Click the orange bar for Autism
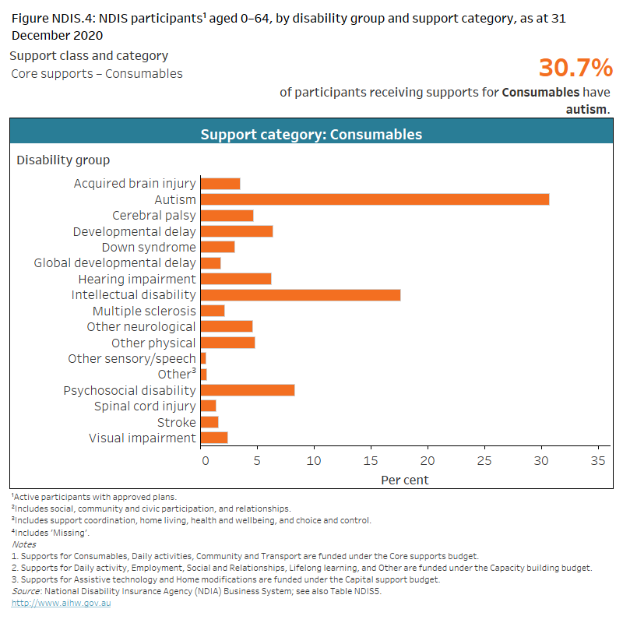375,199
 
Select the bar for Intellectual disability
301,294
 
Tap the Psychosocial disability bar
248,390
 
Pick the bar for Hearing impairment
236,279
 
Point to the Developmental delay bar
237,231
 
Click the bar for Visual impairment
214,438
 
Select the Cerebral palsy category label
154,216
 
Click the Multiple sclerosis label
144,311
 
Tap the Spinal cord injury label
145,407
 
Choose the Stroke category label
177,422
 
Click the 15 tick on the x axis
371,460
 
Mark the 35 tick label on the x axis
598,460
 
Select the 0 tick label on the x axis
205,460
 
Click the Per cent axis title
404,480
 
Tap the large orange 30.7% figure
575,69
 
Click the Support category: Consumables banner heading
311,135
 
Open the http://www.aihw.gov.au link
61,603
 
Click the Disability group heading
63,160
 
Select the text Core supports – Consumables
97,74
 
